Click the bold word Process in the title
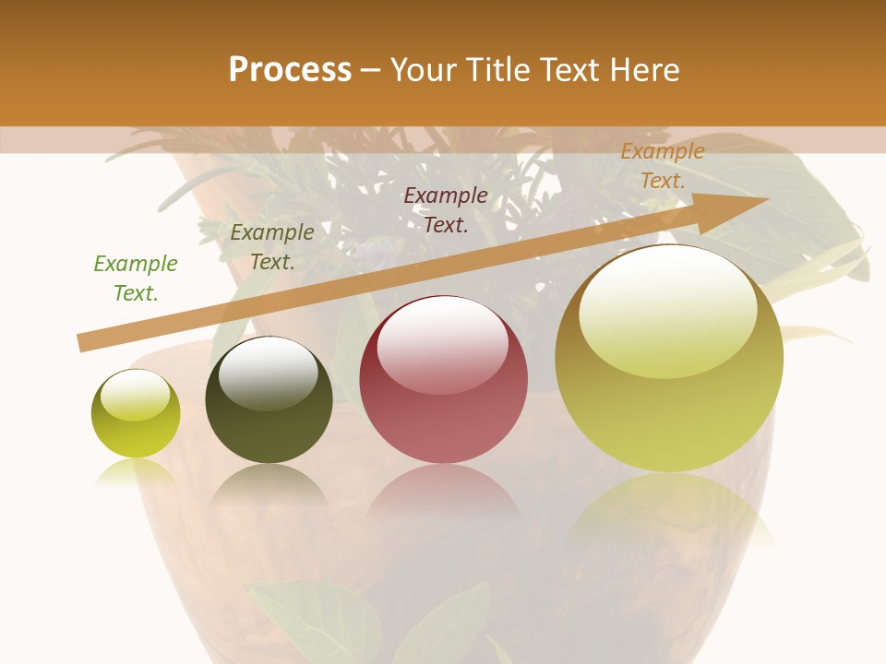[290, 70]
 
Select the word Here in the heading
[643, 70]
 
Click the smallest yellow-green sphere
[136, 414]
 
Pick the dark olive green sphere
[269, 400]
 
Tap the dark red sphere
[444, 380]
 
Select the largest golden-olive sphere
[669, 359]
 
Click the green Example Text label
[136, 279]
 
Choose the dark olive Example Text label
[272, 247]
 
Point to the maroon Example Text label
[446, 209]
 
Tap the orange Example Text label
[662, 166]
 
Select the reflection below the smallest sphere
[136, 472]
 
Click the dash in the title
[371, 70]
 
